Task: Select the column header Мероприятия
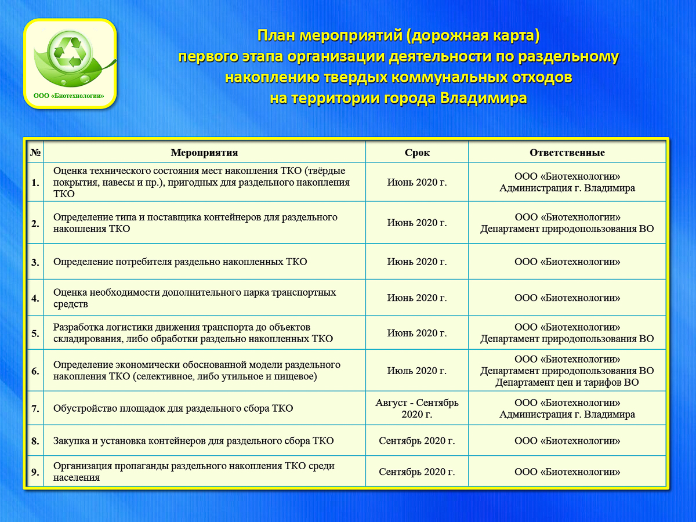(x=204, y=153)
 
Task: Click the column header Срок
(x=417, y=153)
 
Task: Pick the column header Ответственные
(x=567, y=153)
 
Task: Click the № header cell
(x=35, y=153)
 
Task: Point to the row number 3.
(x=35, y=262)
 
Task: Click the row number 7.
(x=35, y=409)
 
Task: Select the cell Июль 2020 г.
(x=417, y=371)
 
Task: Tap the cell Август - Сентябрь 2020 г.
(x=417, y=408)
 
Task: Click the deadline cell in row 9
(x=417, y=472)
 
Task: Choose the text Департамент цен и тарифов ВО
(x=567, y=382)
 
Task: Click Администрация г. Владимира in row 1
(x=567, y=188)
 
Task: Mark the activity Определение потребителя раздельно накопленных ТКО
(x=180, y=262)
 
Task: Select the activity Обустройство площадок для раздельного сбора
(x=173, y=408)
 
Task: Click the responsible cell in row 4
(x=567, y=298)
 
